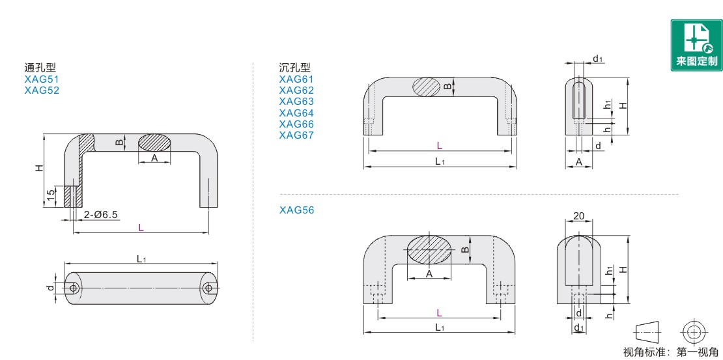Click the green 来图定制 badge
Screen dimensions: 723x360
pos(696,45)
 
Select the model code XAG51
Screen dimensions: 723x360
pos(42,79)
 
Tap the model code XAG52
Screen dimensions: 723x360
pos(42,90)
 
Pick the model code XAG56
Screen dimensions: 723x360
pos(296,210)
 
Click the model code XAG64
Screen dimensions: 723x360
pos(296,113)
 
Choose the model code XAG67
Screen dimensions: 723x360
pos(296,135)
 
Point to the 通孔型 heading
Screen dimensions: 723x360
pos(40,68)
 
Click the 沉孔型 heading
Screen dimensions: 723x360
pos(295,68)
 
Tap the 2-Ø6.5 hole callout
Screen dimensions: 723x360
pos(101,215)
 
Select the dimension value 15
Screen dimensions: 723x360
pos(51,197)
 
